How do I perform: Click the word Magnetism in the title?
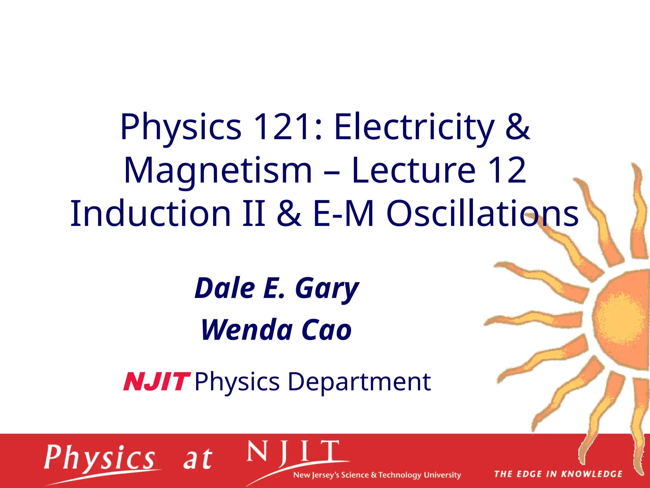click(218, 171)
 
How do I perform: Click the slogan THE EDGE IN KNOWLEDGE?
click(558, 474)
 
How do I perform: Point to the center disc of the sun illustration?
click(622, 318)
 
